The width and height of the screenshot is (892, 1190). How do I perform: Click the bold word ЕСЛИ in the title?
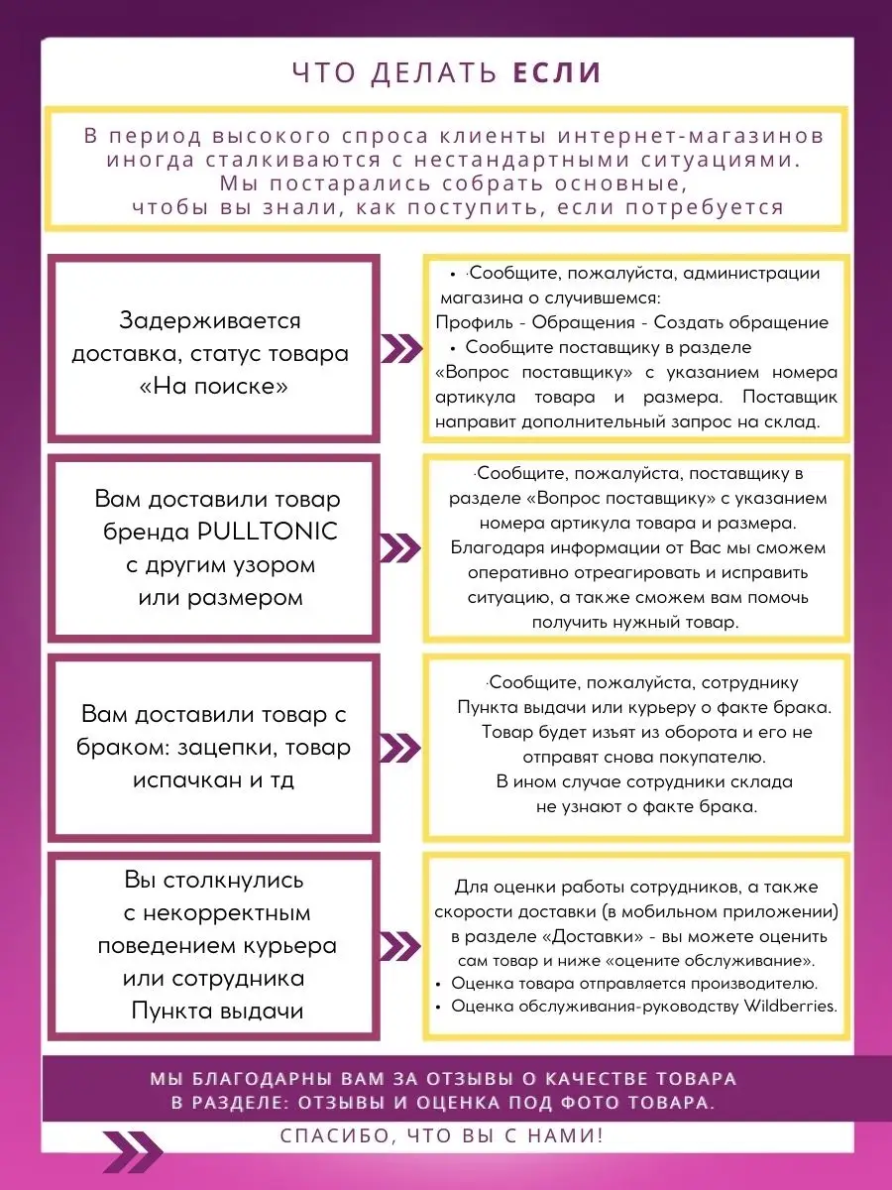557,72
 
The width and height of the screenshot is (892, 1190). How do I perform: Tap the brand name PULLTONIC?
268,532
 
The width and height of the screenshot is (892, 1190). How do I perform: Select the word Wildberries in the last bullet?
790,1007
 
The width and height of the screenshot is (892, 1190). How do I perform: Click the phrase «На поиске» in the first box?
214,386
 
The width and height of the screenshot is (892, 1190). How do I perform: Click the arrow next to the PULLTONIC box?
400,548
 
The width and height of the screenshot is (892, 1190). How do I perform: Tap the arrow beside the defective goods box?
400,748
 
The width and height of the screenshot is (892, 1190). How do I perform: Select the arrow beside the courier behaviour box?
400,947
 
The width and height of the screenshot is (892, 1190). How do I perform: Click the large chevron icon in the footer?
133,1151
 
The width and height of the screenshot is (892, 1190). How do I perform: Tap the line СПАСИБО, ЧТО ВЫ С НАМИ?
441,1135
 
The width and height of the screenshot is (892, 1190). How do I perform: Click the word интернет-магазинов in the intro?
691,136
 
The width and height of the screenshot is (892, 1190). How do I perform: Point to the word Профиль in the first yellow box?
474,322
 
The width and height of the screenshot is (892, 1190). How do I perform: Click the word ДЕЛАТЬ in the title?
434,72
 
